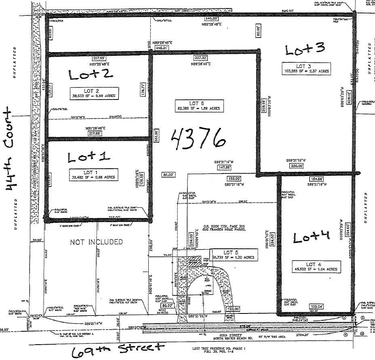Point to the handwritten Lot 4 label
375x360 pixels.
(311, 237)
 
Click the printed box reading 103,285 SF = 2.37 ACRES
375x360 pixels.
(306, 68)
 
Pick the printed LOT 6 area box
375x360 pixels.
(198, 106)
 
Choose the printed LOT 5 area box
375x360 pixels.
(233, 254)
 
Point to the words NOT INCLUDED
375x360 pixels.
(97, 242)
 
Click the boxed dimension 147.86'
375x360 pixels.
(224, 167)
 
